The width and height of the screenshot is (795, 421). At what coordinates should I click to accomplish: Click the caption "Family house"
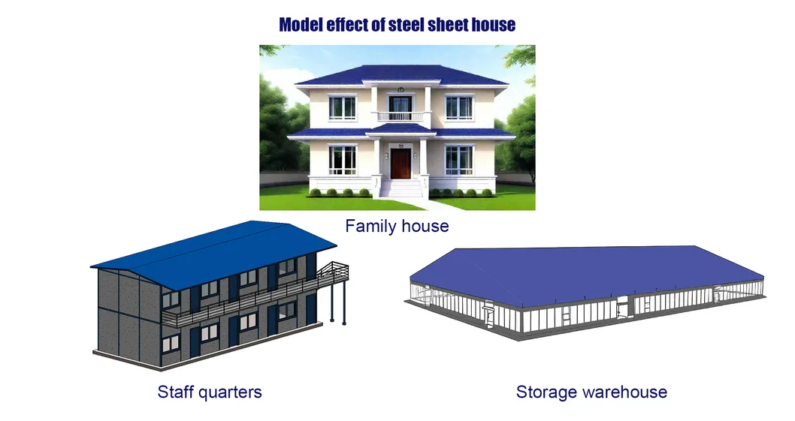[x=397, y=225]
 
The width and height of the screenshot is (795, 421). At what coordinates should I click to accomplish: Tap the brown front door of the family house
[x=400, y=164]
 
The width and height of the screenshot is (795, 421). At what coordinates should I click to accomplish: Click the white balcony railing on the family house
[x=400, y=116]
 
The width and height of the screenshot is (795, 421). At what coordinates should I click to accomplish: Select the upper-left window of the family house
[x=343, y=107]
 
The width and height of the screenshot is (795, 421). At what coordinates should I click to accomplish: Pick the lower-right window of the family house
[x=458, y=159]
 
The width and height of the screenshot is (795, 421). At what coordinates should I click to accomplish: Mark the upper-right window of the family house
[x=458, y=107]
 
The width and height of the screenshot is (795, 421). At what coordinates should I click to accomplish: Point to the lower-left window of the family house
[x=343, y=159]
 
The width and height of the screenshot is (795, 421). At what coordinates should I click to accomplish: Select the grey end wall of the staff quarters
[x=128, y=311]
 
